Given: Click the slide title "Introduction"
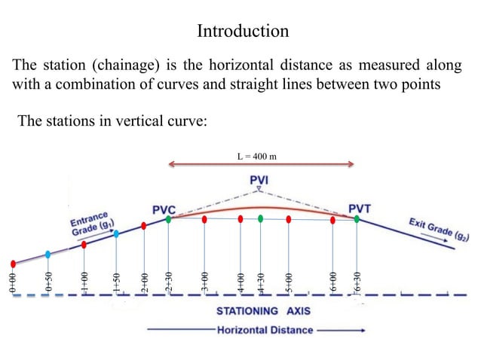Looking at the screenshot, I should (x=242, y=31).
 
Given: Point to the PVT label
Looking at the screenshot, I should (x=359, y=208).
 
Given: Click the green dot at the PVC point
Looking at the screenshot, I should (x=168, y=219).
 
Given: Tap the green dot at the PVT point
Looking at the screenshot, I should (x=357, y=219).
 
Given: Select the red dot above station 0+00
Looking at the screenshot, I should (x=13, y=264).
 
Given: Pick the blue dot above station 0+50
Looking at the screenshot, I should (x=48, y=254).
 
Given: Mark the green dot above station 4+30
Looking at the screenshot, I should (x=260, y=219).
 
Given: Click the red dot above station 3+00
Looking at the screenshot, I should (x=205, y=219).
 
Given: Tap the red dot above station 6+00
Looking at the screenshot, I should (x=332, y=219).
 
